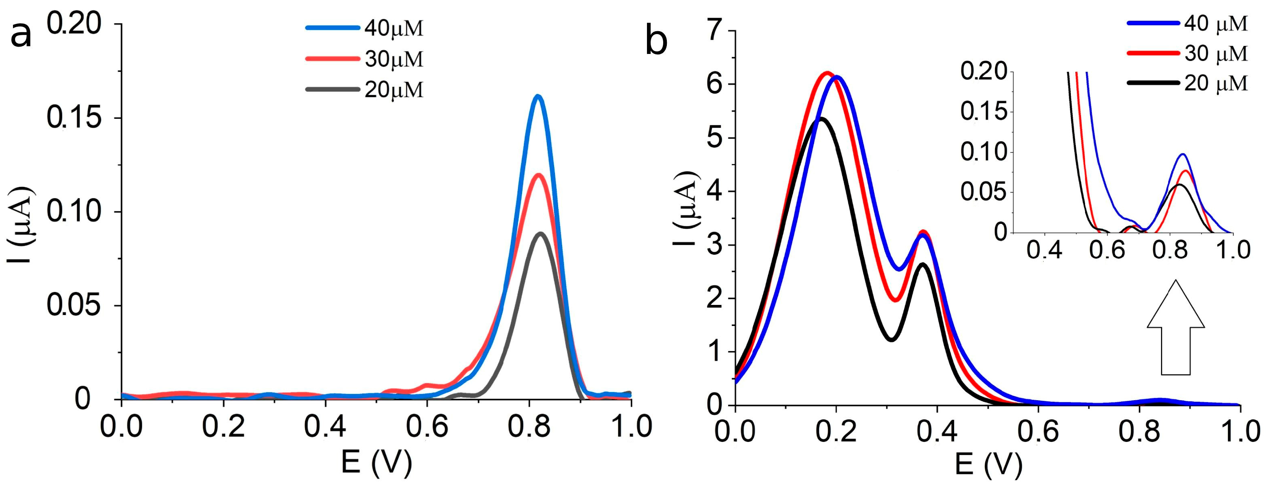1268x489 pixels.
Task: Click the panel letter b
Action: (656, 42)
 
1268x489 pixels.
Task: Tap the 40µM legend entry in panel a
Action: (364, 28)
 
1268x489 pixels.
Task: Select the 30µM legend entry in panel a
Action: (364, 59)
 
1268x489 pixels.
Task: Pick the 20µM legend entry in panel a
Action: (364, 90)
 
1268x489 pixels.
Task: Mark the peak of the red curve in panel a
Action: (539, 175)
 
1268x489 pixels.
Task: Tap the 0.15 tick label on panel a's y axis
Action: (74, 118)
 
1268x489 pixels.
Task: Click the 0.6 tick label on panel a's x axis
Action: (427, 426)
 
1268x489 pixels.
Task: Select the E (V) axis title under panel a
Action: (376, 462)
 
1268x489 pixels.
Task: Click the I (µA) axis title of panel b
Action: (687, 209)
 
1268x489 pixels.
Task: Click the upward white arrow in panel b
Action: (1176, 335)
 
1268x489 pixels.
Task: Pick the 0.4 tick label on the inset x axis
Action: (1044, 250)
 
